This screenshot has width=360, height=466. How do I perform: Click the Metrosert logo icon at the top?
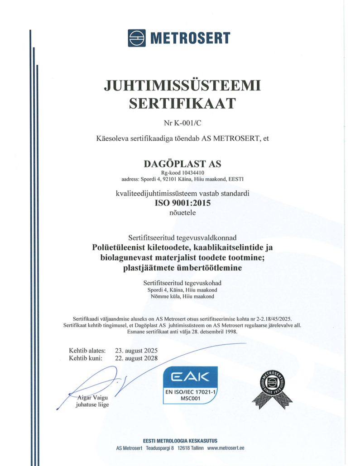(136, 38)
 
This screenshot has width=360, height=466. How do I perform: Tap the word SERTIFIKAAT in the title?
(182, 104)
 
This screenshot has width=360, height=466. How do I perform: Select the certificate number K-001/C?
(187, 123)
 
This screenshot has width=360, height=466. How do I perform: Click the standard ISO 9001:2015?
(182, 203)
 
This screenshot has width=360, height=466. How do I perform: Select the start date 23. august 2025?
(136, 350)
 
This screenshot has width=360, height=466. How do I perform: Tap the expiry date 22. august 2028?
(136, 358)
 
